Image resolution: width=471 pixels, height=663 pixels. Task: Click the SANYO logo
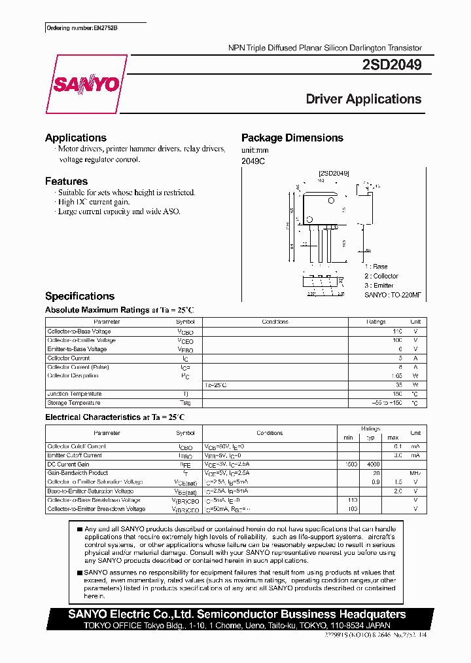[86, 85]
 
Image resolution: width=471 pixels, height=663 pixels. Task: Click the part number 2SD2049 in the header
[391, 65]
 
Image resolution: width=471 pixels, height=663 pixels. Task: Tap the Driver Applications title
[363, 99]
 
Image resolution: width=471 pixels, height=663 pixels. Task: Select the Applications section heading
[75, 138]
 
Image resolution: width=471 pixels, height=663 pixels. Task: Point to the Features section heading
[66, 181]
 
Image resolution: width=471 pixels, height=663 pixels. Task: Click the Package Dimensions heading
[292, 138]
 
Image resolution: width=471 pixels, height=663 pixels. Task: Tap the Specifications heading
[79, 296]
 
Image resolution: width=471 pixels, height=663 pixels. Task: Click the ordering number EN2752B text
[83, 29]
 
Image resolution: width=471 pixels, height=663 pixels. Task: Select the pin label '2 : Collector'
[381, 276]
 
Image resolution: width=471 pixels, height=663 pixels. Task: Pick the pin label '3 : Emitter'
[379, 285]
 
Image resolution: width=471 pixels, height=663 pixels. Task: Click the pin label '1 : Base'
[376, 267]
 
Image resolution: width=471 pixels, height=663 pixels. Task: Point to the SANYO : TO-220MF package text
[392, 295]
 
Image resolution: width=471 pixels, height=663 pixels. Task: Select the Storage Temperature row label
[74, 403]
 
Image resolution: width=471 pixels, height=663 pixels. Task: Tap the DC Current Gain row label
[69, 464]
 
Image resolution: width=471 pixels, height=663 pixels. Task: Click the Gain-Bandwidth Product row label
[77, 472]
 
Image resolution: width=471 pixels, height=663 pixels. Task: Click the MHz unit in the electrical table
[415, 473]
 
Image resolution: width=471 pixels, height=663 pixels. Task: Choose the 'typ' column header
[370, 437]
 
